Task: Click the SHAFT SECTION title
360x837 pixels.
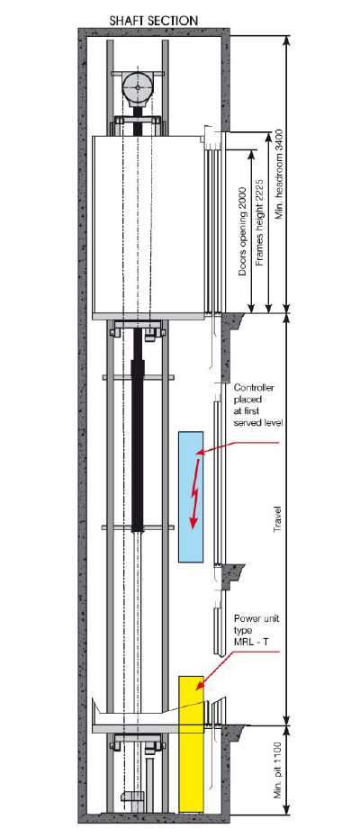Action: [x=154, y=21]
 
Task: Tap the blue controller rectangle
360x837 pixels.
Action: [x=191, y=497]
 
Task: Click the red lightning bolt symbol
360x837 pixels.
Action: [x=196, y=491]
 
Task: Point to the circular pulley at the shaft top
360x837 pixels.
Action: [x=137, y=87]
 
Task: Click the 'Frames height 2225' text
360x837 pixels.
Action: [x=259, y=222]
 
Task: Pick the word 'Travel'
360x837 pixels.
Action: [x=277, y=518]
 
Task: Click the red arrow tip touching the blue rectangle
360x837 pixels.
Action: [x=198, y=454]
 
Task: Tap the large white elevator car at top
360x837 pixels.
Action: [x=148, y=225]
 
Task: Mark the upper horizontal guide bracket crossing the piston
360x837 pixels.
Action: [x=138, y=378]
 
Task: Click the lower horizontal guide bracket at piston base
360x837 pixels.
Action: [x=138, y=528]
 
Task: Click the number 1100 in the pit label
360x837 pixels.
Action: [x=277, y=747]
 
